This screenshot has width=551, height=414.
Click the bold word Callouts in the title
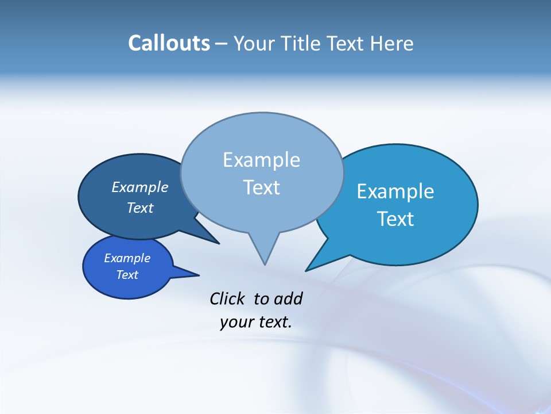pyautogui.click(x=169, y=43)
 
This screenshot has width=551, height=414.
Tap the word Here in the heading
pyautogui.click(x=392, y=43)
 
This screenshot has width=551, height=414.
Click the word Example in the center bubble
pyautogui.click(x=261, y=160)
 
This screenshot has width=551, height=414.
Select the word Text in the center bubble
pyautogui.click(x=261, y=187)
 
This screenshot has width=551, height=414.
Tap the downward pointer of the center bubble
pyautogui.click(x=264, y=253)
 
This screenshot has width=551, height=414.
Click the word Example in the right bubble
pyautogui.click(x=395, y=191)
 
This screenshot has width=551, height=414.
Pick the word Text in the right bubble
pyautogui.click(x=395, y=219)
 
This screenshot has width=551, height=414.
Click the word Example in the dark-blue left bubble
pyautogui.click(x=139, y=187)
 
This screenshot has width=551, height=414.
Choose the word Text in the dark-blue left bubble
pyautogui.click(x=139, y=208)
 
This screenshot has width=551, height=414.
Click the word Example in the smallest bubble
pyautogui.click(x=127, y=258)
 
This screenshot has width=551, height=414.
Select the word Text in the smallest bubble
pyautogui.click(x=127, y=275)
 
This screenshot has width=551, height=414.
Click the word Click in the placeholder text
pyautogui.click(x=227, y=298)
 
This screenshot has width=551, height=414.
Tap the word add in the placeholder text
pyautogui.click(x=288, y=298)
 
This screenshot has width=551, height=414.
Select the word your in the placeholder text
pyautogui.click(x=236, y=322)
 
